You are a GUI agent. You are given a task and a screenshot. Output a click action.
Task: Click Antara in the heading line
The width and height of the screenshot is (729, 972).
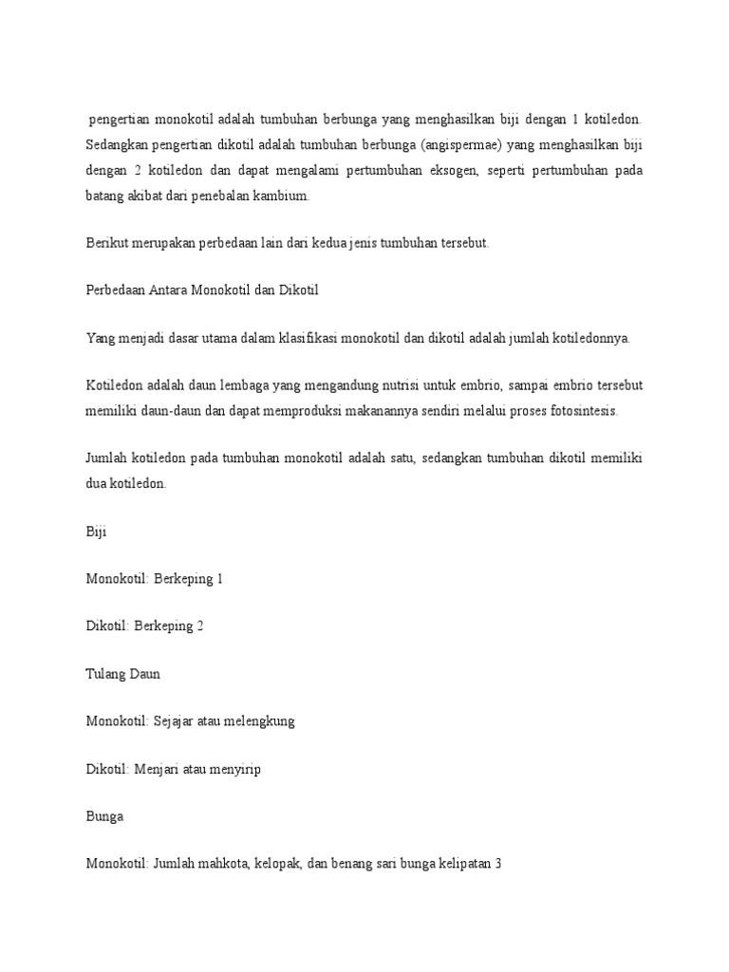point(182,290)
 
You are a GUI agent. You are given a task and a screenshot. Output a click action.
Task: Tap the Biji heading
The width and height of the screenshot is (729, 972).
point(96,531)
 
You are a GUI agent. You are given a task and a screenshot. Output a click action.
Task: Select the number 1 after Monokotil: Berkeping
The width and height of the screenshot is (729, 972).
point(219,578)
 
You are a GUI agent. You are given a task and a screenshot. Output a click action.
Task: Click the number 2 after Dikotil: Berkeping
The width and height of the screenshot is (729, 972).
point(199,626)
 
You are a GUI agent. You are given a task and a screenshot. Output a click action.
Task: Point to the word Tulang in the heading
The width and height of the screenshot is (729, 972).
point(106,673)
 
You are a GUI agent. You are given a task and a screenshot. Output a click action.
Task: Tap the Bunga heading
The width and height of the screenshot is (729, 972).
point(104,815)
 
